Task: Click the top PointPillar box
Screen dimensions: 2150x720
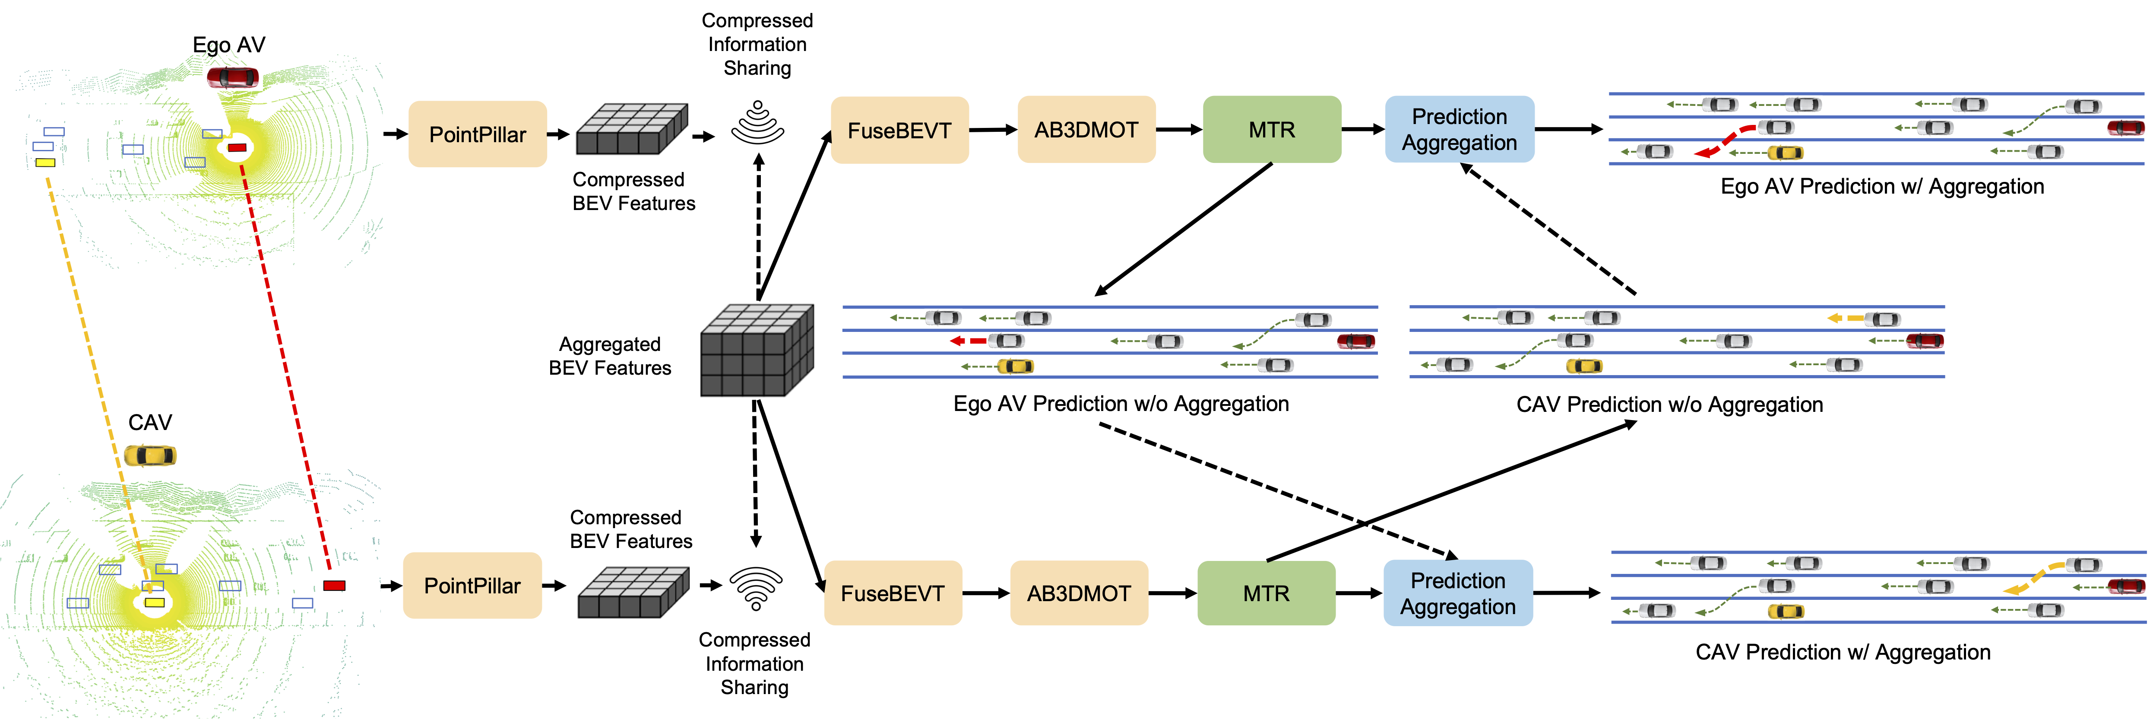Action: [x=478, y=134]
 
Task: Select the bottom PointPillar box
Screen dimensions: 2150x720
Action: [x=472, y=586]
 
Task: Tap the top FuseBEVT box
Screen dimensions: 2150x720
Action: [x=900, y=131]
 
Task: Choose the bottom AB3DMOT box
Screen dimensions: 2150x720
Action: [x=1079, y=593]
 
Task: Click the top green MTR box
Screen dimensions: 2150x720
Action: [x=1272, y=130]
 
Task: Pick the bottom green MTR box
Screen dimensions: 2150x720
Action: [x=1266, y=593]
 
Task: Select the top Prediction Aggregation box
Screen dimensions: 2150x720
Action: [x=1460, y=130]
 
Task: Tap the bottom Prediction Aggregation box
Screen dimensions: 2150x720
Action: [x=1458, y=593]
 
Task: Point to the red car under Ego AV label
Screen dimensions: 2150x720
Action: [x=233, y=78]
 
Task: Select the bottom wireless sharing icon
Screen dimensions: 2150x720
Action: [x=756, y=588]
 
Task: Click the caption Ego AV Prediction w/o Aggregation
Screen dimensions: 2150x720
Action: [x=1121, y=404]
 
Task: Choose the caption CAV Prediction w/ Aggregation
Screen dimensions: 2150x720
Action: [x=1843, y=652]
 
